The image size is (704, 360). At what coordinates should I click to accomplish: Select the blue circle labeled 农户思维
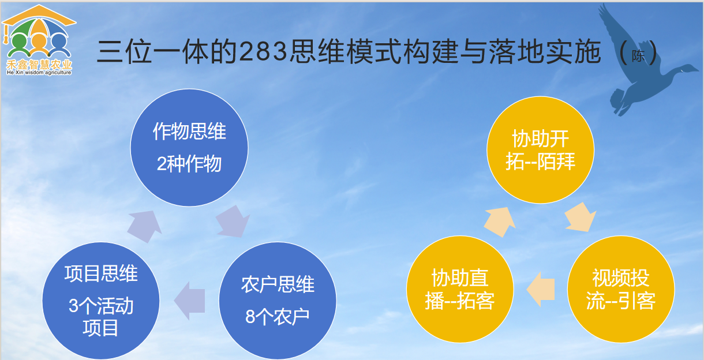pos(278,300)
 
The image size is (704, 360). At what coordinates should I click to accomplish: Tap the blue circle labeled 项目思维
pos(100,300)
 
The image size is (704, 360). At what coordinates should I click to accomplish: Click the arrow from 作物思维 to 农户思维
pos(234,221)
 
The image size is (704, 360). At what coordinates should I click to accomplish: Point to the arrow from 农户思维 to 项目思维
pos(190,300)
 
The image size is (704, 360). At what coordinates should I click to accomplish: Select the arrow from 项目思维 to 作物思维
pos(144,226)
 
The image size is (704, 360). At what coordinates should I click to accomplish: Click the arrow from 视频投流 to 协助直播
pos(541,287)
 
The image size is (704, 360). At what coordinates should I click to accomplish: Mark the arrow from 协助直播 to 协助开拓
pos(500,221)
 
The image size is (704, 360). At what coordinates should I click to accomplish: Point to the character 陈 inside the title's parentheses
pos(638,57)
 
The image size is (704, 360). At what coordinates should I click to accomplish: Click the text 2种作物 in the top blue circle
pos(189,164)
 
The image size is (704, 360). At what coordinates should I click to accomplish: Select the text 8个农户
pos(278,317)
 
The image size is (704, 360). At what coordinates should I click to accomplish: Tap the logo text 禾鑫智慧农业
pos(39,65)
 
